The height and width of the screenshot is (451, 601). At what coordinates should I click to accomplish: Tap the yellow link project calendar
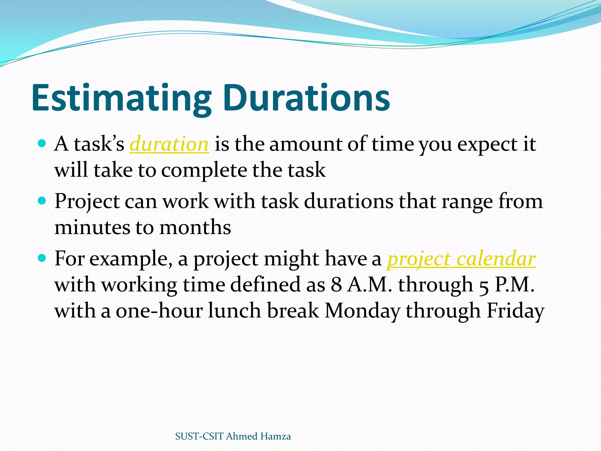tap(461, 259)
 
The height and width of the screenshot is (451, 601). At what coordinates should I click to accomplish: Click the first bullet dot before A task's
tap(42, 144)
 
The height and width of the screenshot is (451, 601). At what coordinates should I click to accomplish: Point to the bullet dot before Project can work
tap(42, 201)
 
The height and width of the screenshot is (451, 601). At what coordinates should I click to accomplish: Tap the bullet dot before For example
tap(42, 258)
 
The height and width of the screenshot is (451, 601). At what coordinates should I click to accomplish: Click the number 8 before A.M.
tap(336, 285)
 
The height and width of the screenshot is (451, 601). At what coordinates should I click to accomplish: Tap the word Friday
tap(515, 311)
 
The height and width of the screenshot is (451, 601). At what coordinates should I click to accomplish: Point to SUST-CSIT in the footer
tap(199, 436)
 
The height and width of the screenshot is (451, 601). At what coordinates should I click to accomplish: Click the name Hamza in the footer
tap(275, 436)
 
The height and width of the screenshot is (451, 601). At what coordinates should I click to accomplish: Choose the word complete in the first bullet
tap(204, 170)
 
